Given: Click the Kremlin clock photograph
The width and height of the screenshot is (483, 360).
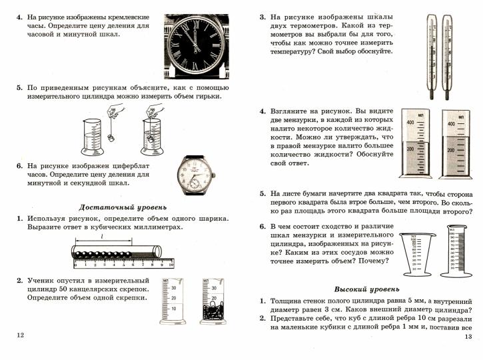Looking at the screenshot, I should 197,43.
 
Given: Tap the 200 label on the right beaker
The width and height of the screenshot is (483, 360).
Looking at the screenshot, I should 451,149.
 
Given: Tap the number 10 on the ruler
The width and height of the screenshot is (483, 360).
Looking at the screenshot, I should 171,265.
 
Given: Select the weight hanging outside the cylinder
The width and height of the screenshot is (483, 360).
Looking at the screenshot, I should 112,139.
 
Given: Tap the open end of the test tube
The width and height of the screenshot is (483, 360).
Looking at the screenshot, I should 159,253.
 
